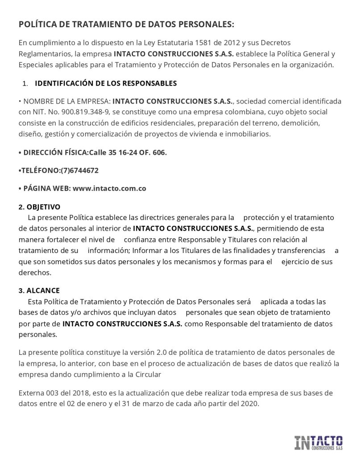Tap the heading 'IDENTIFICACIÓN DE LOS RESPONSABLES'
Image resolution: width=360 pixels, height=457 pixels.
point(106,83)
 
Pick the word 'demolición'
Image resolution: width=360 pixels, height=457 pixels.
point(301,123)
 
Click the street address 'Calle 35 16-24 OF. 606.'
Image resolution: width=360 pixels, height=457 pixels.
point(128,153)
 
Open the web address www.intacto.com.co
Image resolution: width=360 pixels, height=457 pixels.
point(109,188)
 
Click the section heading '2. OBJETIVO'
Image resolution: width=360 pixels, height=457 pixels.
point(39,208)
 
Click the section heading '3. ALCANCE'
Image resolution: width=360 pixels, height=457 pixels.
point(39,291)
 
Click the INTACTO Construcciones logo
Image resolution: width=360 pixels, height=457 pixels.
point(319,443)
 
